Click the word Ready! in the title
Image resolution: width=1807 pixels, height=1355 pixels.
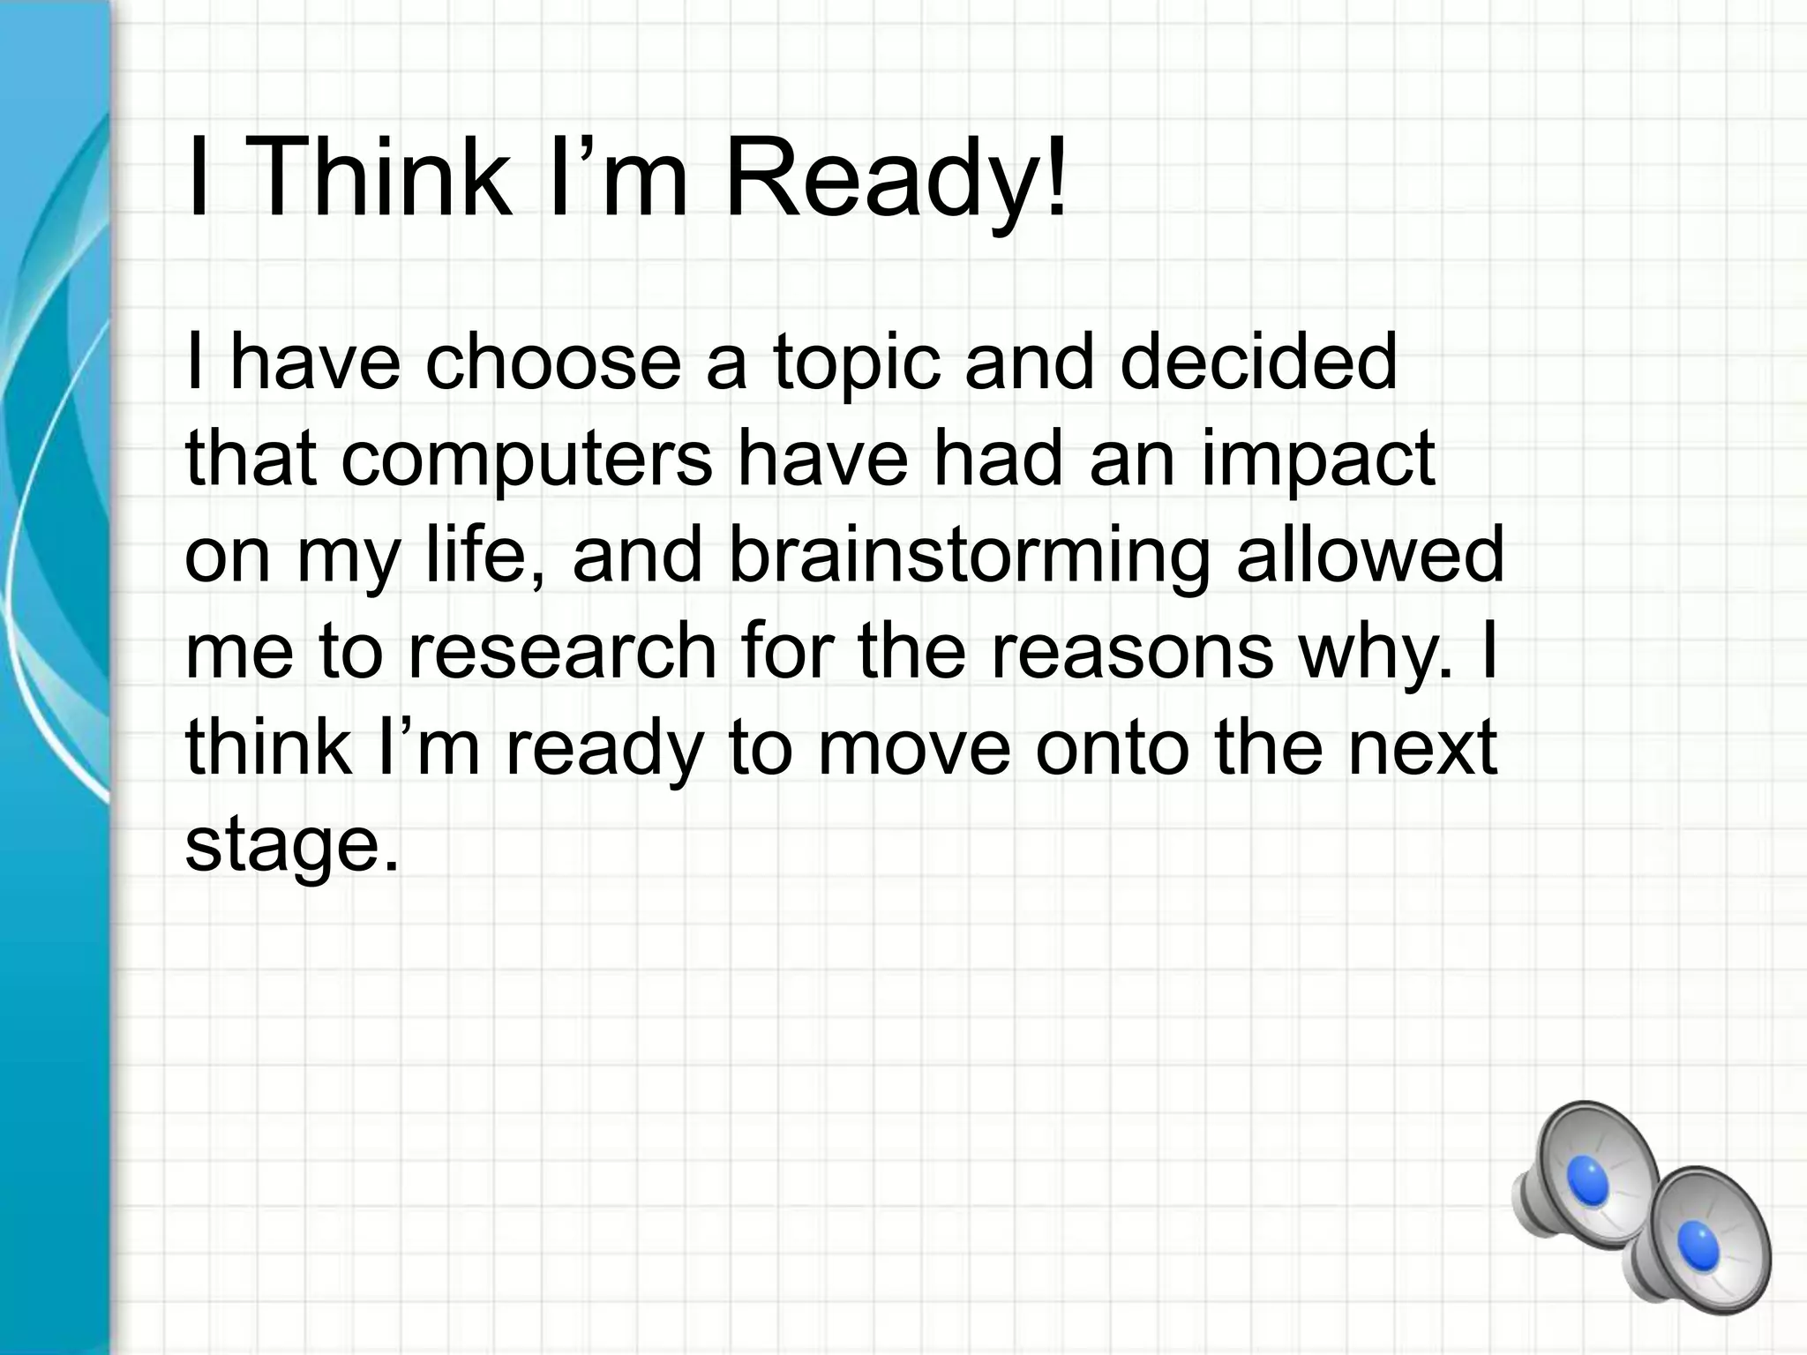point(895,181)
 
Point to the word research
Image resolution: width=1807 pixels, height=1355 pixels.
point(561,653)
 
